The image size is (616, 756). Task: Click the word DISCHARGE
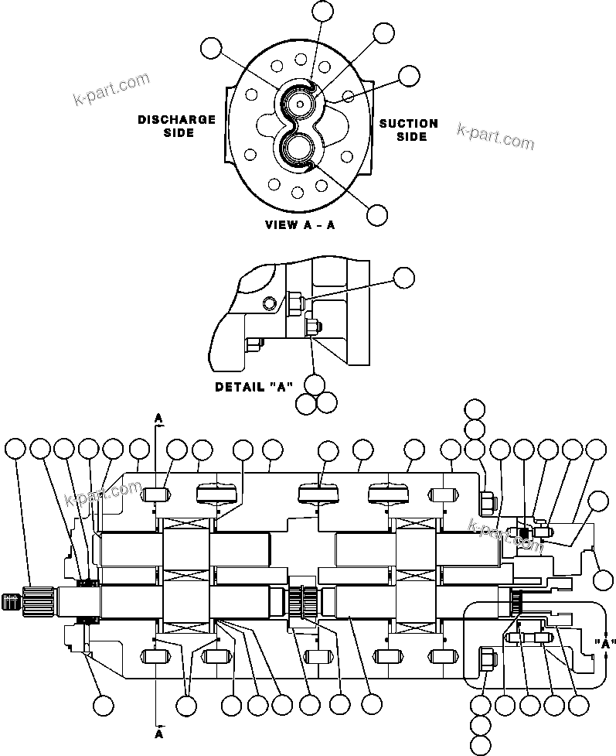tap(176, 120)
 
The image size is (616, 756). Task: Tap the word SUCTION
tap(408, 123)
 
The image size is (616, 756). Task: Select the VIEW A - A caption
tap(301, 226)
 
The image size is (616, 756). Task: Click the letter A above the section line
tap(158, 418)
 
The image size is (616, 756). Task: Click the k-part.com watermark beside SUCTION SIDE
tap(495, 137)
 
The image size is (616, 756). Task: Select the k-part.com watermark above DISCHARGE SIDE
tap(110, 89)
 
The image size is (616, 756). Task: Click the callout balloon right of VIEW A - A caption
tap(377, 216)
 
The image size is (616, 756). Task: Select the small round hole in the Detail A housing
tap(269, 301)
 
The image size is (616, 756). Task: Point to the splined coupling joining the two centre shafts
tap(301, 600)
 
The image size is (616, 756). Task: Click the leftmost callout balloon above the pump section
tap(15, 449)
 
